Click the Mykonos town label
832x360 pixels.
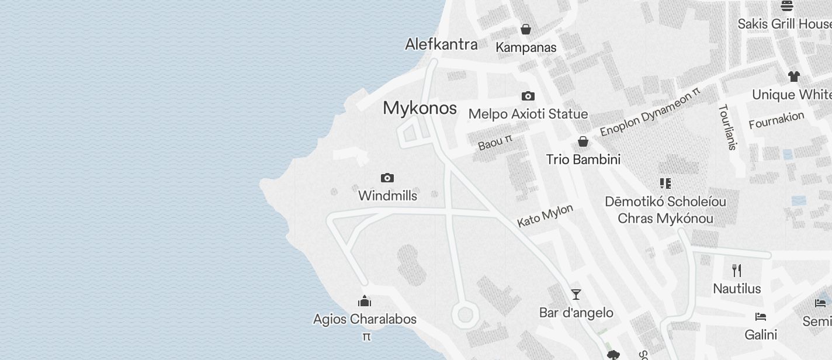click(420, 108)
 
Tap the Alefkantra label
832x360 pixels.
click(441, 44)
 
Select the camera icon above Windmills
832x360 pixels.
click(387, 178)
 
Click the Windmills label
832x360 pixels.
click(387, 196)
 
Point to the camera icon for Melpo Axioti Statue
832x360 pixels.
click(528, 96)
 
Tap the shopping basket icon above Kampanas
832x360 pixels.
click(526, 29)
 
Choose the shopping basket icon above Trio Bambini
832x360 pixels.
click(583, 141)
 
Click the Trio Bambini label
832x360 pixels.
click(583, 160)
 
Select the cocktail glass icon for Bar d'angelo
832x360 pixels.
click(576, 295)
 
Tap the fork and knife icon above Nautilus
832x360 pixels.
click(737, 271)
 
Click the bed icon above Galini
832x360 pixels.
click(760, 317)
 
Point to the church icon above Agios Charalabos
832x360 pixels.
click(365, 301)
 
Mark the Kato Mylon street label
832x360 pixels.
click(545, 216)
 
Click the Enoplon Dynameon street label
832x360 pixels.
click(649, 112)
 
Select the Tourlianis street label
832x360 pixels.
click(727, 127)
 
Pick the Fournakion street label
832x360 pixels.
click(776, 120)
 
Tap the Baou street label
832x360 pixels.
click(494, 142)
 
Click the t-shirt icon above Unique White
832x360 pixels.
click(793, 76)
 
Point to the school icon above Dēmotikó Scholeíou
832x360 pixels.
click(665, 184)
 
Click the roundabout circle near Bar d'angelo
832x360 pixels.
click(465, 315)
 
